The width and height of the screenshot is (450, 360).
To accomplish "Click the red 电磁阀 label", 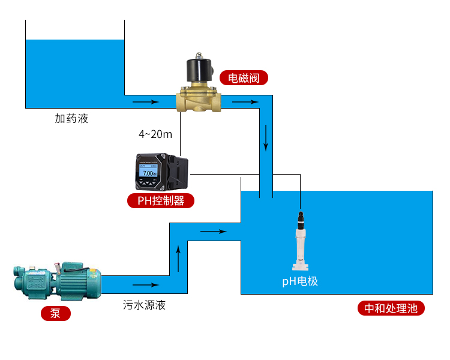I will point(244,78).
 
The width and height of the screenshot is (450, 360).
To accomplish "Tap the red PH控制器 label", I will point(161,201).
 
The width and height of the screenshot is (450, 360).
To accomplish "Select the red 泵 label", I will point(55,313).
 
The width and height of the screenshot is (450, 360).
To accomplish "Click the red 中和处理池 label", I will point(391,309).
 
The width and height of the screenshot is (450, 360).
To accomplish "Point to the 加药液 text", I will point(71,119).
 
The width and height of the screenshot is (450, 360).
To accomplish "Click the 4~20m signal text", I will point(155,134).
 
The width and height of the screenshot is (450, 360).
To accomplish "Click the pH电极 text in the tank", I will point(300,281).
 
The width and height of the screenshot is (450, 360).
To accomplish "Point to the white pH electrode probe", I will point(299,246).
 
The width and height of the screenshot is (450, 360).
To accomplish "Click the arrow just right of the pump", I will point(146,285).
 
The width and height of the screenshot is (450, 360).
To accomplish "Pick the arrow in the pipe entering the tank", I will point(214,231).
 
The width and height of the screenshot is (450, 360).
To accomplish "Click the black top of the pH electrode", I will point(299,216).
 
